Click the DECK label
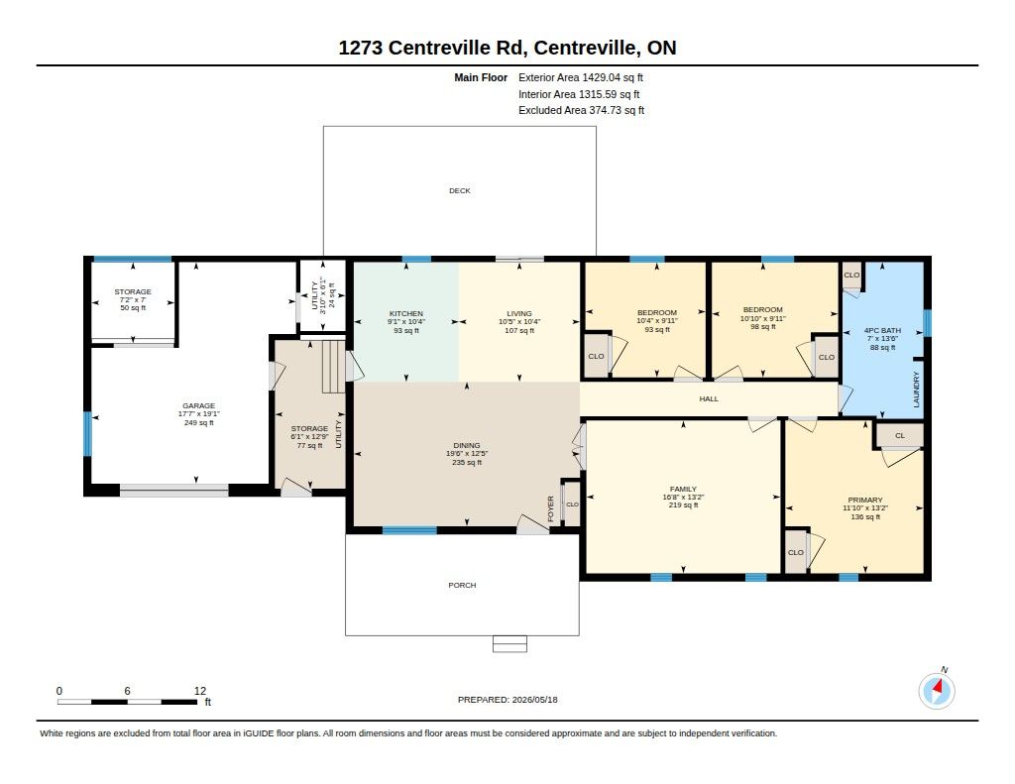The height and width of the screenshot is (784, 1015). click(x=460, y=191)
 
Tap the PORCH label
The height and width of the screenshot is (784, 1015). click(x=462, y=585)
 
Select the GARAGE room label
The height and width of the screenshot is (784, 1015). click(x=198, y=406)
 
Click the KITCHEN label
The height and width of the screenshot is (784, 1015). click(x=405, y=314)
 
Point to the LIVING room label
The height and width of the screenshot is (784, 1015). click(x=519, y=314)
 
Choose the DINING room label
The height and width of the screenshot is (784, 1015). click(x=467, y=445)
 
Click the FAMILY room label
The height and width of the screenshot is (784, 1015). click(x=683, y=490)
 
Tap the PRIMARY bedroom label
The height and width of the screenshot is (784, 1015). click(x=865, y=500)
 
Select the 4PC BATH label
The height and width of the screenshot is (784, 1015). click(x=883, y=330)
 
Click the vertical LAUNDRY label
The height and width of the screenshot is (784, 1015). click(x=916, y=390)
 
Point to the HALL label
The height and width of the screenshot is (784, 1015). click(x=709, y=398)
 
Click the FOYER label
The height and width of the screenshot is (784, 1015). click(x=551, y=508)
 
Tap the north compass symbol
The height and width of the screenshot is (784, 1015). click(x=937, y=690)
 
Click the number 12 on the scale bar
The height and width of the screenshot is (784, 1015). click(x=200, y=691)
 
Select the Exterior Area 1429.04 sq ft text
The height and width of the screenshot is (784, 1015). click(x=581, y=77)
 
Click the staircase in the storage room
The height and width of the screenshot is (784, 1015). click(x=333, y=367)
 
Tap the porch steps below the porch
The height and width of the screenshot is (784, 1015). click(x=510, y=644)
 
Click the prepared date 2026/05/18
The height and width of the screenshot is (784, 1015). click(x=534, y=700)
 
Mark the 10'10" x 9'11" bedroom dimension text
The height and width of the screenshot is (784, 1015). click(x=763, y=318)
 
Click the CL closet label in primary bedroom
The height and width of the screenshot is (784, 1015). click(x=900, y=436)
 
